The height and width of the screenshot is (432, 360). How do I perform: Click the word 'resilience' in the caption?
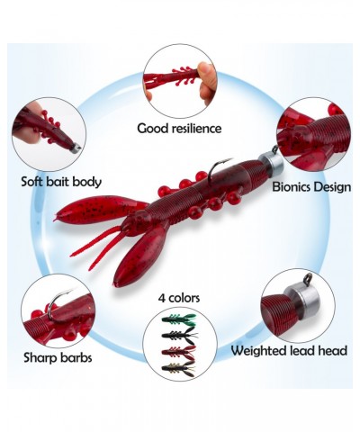click(197, 129)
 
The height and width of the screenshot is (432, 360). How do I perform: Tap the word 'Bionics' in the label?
click(291, 187)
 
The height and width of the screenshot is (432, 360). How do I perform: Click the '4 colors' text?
click(179, 298)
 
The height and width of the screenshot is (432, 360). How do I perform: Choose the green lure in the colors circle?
click(179, 320)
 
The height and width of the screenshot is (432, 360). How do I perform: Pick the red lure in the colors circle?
click(179, 351)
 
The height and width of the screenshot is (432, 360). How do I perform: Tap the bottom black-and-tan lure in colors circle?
click(179, 369)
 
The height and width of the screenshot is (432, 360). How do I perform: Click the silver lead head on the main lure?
click(271, 161)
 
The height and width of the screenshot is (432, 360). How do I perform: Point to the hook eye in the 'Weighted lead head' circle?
click(308, 278)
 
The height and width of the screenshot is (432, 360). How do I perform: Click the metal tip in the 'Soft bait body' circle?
click(76, 148)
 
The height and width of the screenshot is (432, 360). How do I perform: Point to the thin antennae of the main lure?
click(96, 245)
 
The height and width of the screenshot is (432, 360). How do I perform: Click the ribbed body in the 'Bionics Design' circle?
click(327, 132)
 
